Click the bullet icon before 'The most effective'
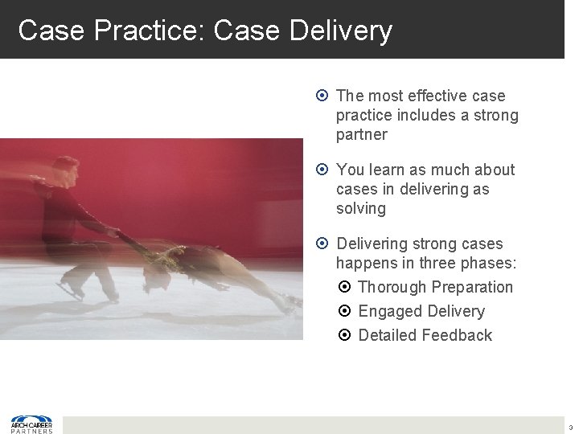[322, 96]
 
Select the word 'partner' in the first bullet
[362, 134]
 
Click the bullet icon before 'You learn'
[322, 170]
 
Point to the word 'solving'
[361, 208]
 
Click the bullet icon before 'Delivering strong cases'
[322, 244]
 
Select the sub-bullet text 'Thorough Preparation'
[435, 287]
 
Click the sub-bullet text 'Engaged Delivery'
[421, 311]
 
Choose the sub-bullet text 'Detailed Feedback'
[425, 335]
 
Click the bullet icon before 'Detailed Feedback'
[344, 335]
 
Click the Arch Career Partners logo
[31, 424]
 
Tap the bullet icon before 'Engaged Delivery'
[344, 311]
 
